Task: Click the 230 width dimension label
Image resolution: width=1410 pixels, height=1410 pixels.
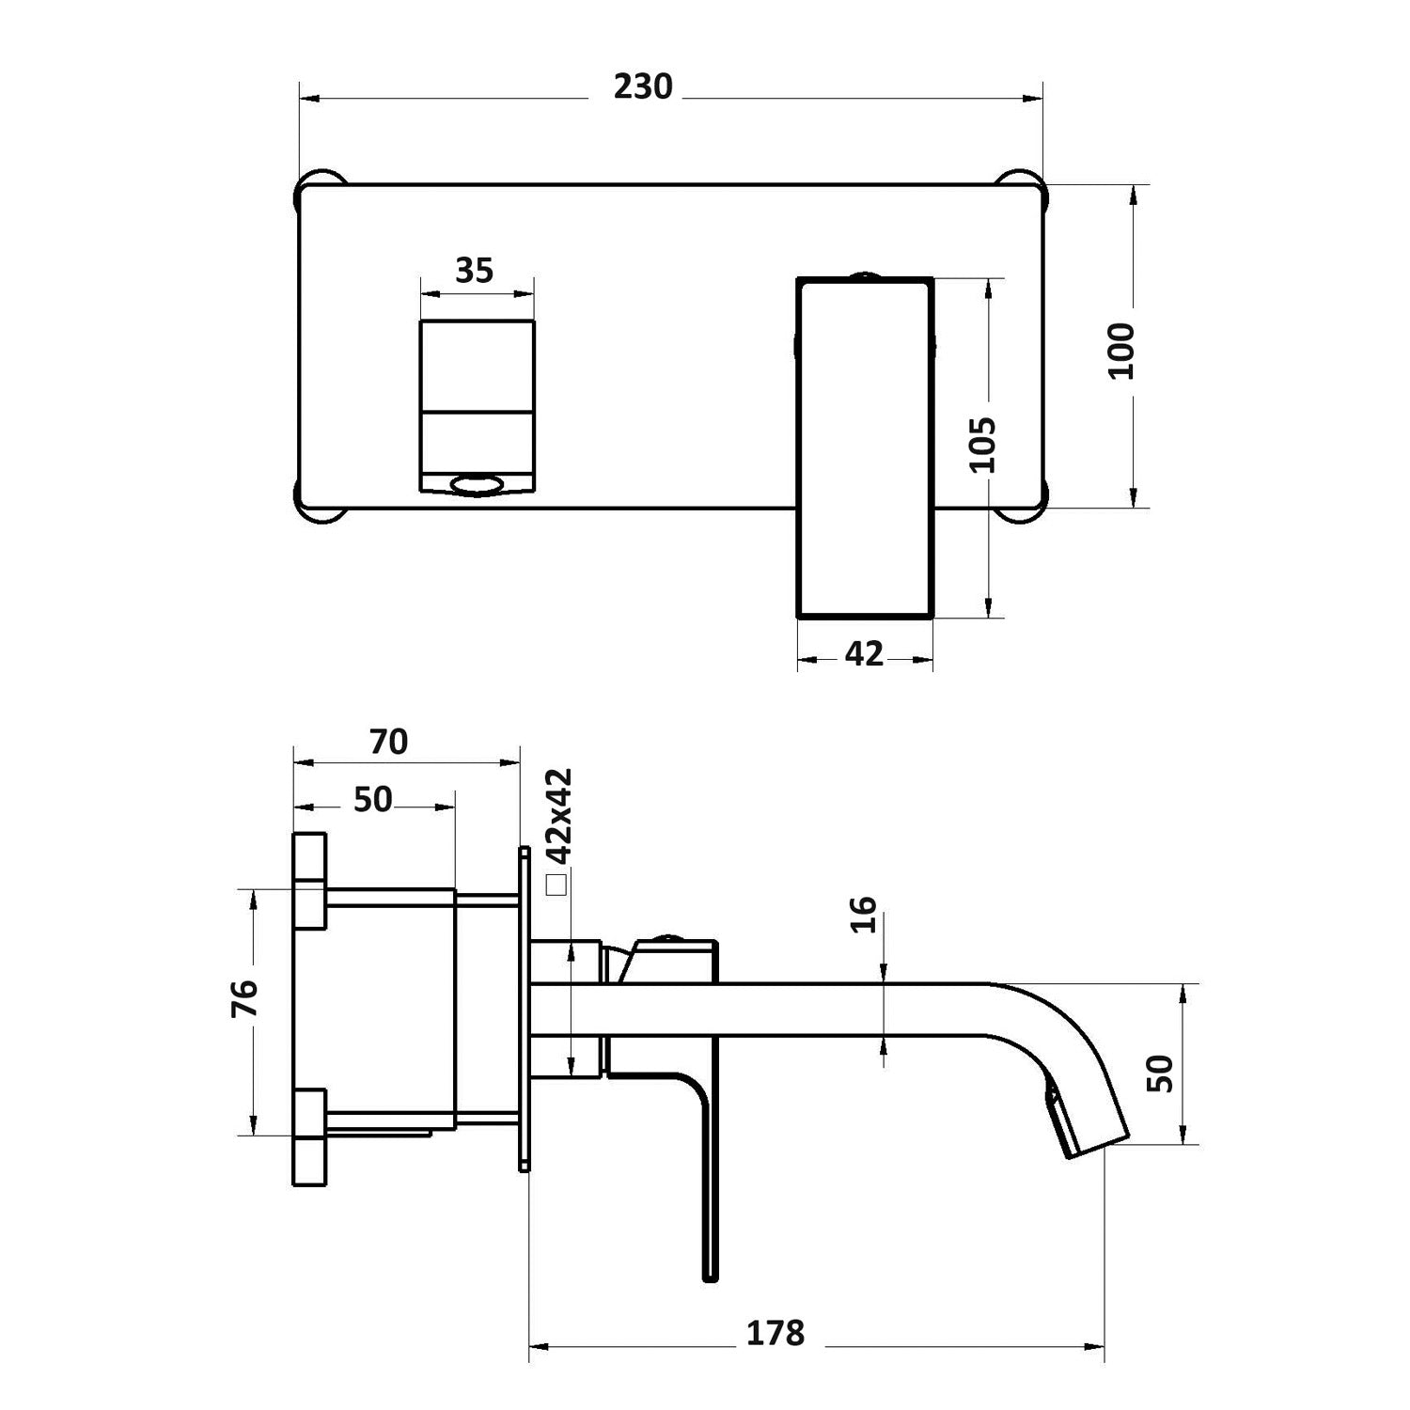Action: pyautogui.click(x=643, y=86)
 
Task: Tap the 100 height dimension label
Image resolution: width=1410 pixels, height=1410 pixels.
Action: pyautogui.click(x=1122, y=351)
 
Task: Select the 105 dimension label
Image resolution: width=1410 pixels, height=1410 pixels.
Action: pyautogui.click(x=980, y=445)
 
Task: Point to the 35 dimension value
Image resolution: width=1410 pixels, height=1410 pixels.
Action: pyautogui.click(x=474, y=271)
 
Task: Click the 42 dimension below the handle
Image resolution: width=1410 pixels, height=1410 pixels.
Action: pyautogui.click(x=864, y=653)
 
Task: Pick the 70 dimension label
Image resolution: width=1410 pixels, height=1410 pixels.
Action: pyautogui.click(x=388, y=742)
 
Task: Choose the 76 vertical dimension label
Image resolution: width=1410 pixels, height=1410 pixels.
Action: pyautogui.click(x=243, y=999)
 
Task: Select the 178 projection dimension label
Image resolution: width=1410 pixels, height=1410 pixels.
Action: pyautogui.click(x=775, y=1333)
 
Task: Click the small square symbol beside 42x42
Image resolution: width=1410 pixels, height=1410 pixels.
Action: pyautogui.click(x=557, y=885)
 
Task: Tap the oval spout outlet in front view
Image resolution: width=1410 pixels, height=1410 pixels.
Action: pyautogui.click(x=478, y=485)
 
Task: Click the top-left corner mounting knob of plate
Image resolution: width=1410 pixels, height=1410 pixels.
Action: pyautogui.click(x=321, y=183)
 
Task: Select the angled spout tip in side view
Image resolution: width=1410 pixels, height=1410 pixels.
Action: pyautogui.click(x=1090, y=1128)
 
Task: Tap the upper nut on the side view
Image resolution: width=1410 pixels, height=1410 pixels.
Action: pyautogui.click(x=310, y=881)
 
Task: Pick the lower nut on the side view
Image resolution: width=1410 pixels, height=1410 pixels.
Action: pyautogui.click(x=310, y=1137)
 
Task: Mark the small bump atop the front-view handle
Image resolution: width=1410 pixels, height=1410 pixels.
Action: pyautogui.click(x=864, y=275)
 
